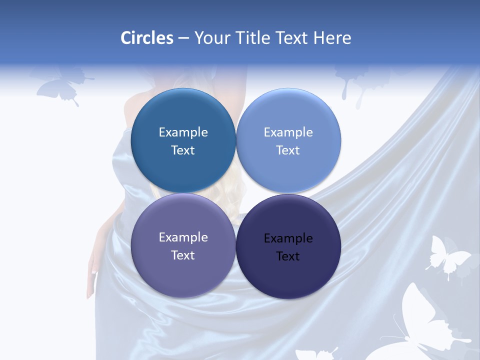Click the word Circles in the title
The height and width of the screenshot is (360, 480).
pos(147,38)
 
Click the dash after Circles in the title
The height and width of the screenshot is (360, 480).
pos(183,38)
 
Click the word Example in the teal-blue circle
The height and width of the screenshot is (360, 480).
pos(183,132)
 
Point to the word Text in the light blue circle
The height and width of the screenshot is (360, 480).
pos(288,150)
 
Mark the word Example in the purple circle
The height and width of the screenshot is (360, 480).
pos(183,237)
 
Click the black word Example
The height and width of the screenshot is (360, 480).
pos(288,238)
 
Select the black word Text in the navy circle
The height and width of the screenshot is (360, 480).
pos(288,256)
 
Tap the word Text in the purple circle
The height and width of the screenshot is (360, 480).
pos(183,255)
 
